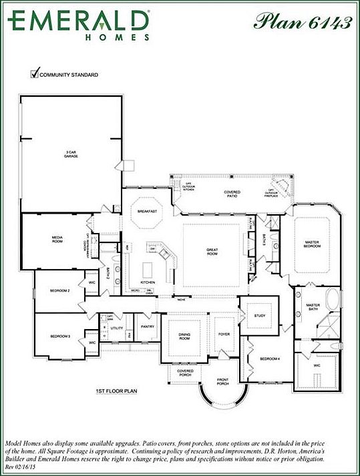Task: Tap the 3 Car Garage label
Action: pos(71,154)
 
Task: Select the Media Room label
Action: pos(57,239)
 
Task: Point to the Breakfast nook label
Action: pos(148,211)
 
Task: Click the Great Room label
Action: pos(212,252)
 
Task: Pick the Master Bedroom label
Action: pos(313,244)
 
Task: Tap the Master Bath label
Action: pos(313,307)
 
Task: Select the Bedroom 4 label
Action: pos(269,359)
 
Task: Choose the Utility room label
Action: pos(118,328)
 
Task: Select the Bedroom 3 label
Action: pos(60,336)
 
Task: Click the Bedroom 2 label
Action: pos(60,291)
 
